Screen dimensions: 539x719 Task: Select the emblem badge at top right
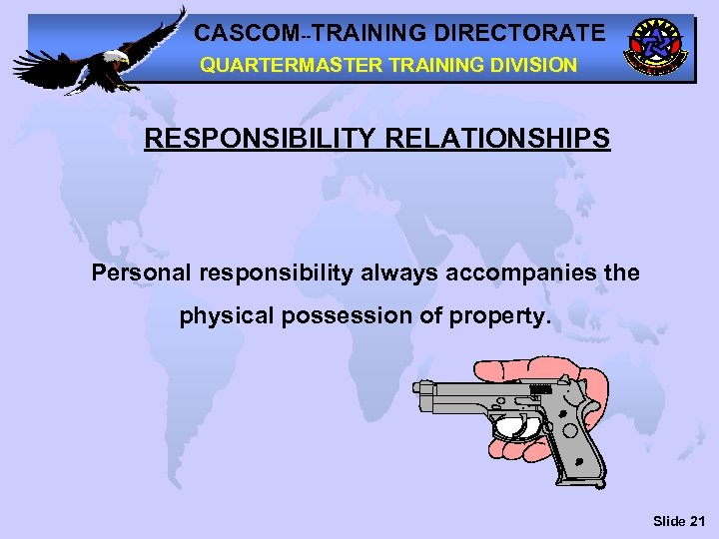[655, 47]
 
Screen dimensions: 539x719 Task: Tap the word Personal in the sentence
[142, 272]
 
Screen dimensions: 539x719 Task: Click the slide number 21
[696, 521]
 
